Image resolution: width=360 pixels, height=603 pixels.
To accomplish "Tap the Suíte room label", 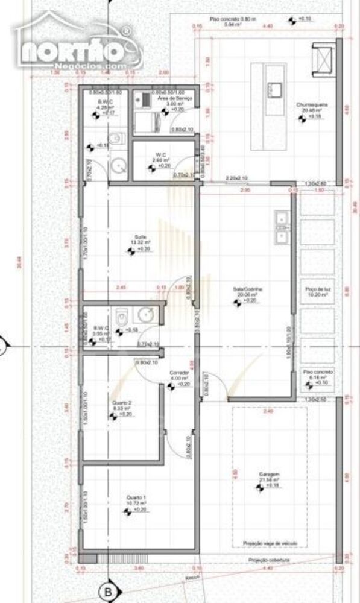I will (x=141, y=237).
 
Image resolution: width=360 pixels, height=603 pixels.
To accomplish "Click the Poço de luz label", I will (x=317, y=289).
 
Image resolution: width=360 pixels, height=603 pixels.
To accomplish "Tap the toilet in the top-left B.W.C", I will (x=119, y=139).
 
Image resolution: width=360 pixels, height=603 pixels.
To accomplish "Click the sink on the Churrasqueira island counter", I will (x=274, y=89).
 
